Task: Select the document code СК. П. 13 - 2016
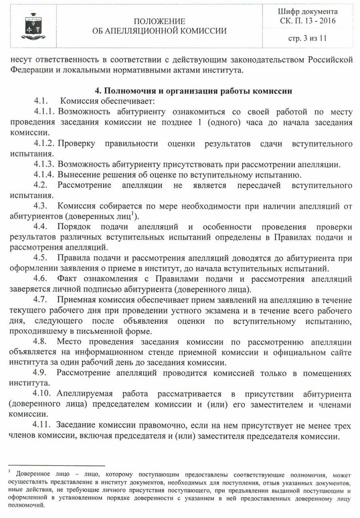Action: coord(309,21)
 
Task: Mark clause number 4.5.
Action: coord(41,258)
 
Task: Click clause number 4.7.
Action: coord(41,299)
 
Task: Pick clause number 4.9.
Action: coord(41,372)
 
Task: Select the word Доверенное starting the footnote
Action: coord(35,474)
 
